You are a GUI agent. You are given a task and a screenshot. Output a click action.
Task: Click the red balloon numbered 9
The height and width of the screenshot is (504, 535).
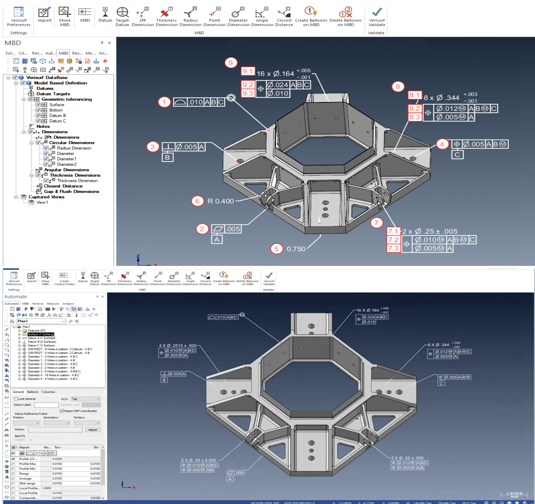coord(231,63)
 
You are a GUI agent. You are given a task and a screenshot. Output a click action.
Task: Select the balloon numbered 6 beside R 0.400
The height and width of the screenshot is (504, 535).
coord(197,201)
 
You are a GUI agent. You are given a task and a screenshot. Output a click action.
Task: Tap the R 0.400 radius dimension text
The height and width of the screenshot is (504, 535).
coord(221,201)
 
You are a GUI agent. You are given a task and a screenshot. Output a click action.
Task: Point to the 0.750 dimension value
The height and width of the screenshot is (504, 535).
coord(296,249)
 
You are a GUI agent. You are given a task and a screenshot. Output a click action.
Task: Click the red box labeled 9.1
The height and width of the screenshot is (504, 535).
coord(248,71)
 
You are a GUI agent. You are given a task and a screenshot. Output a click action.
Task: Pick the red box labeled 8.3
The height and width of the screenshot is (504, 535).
coord(415,117)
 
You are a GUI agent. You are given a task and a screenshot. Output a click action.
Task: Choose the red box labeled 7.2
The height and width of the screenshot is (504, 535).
coord(393,240)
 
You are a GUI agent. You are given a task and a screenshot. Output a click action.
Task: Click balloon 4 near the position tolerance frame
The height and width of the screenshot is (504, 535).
coord(442,144)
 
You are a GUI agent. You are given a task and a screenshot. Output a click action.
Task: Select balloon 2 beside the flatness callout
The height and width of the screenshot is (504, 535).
coord(202,229)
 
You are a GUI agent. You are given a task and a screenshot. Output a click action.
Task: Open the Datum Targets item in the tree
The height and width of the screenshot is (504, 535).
coord(53,94)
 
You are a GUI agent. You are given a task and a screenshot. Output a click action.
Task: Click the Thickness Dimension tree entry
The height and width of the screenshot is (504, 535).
coord(77,180)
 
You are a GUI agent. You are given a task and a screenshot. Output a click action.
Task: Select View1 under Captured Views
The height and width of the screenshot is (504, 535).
coord(42,202)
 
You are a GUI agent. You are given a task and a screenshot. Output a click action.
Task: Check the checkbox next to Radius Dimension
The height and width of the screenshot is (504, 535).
coord(46,148)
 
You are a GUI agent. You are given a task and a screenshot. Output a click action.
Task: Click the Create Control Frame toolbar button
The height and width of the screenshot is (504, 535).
coord(64,278)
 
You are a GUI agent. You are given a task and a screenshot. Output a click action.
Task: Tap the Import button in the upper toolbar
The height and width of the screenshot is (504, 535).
coord(44,15)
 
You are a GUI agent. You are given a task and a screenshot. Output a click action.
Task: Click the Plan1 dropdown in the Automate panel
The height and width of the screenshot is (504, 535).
coord(41,321)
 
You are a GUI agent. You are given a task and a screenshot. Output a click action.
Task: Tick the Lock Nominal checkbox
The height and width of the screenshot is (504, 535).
coord(16,399)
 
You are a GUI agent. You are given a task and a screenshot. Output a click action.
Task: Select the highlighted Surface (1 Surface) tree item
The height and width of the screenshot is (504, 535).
coord(41,334)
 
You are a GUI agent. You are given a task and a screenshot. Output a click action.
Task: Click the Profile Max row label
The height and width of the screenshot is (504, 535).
coord(28,464)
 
